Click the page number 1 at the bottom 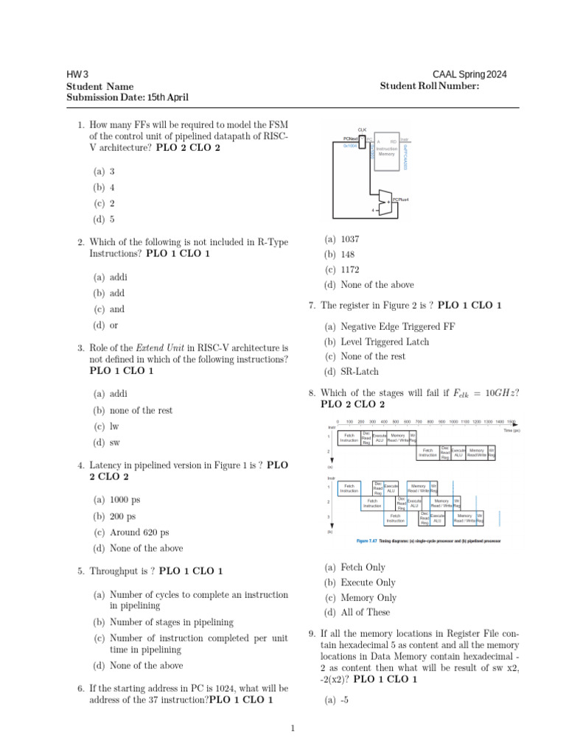pyautogui.click(x=293, y=729)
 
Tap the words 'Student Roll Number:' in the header pyautogui.click(x=430, y=86)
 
